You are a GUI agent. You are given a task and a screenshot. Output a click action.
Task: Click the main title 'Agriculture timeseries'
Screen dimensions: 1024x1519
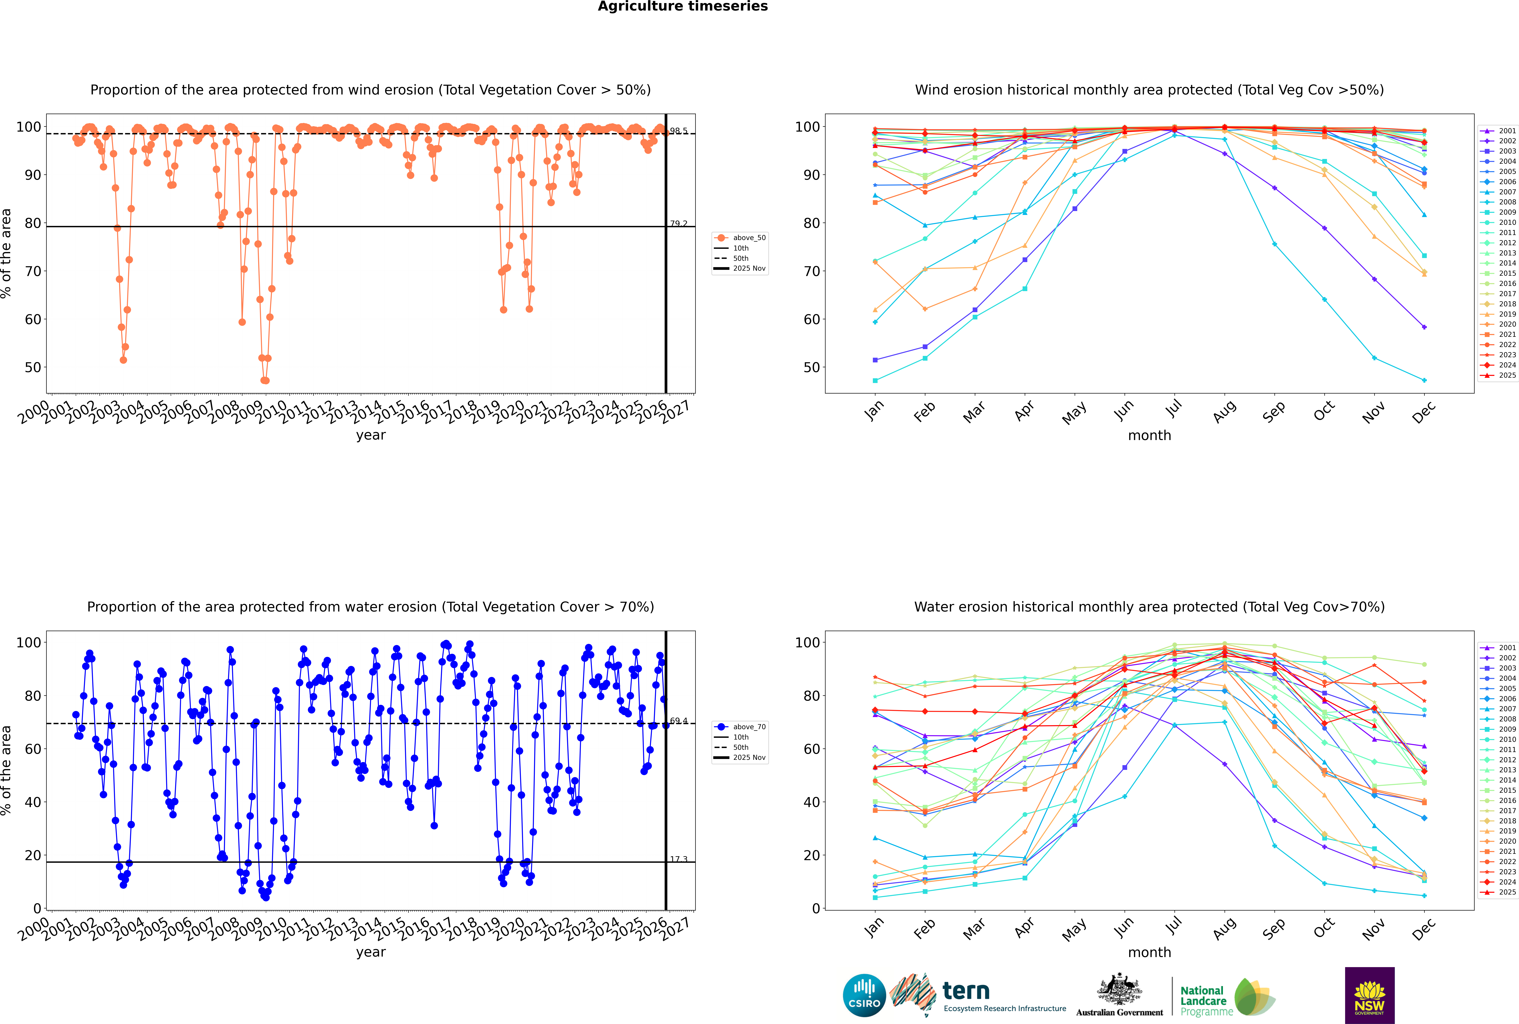coord(682,6)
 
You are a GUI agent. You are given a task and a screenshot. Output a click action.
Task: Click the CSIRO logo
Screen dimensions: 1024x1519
coord(864,995)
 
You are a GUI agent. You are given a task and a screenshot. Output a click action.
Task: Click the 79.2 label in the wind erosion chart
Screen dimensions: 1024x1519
coord(679,223)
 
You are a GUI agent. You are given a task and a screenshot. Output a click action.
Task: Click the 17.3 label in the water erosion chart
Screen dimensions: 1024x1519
coord(679,859)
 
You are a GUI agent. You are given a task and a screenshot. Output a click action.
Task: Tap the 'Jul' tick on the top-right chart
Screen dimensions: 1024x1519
coord(1173,409)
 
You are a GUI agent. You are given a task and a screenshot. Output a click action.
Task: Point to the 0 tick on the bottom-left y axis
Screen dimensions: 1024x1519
coord(37,908)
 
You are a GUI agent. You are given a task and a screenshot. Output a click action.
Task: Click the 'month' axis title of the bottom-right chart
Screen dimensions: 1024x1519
coord(1149,952)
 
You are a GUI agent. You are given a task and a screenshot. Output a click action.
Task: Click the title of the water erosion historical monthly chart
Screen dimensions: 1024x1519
coord(1149,607)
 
